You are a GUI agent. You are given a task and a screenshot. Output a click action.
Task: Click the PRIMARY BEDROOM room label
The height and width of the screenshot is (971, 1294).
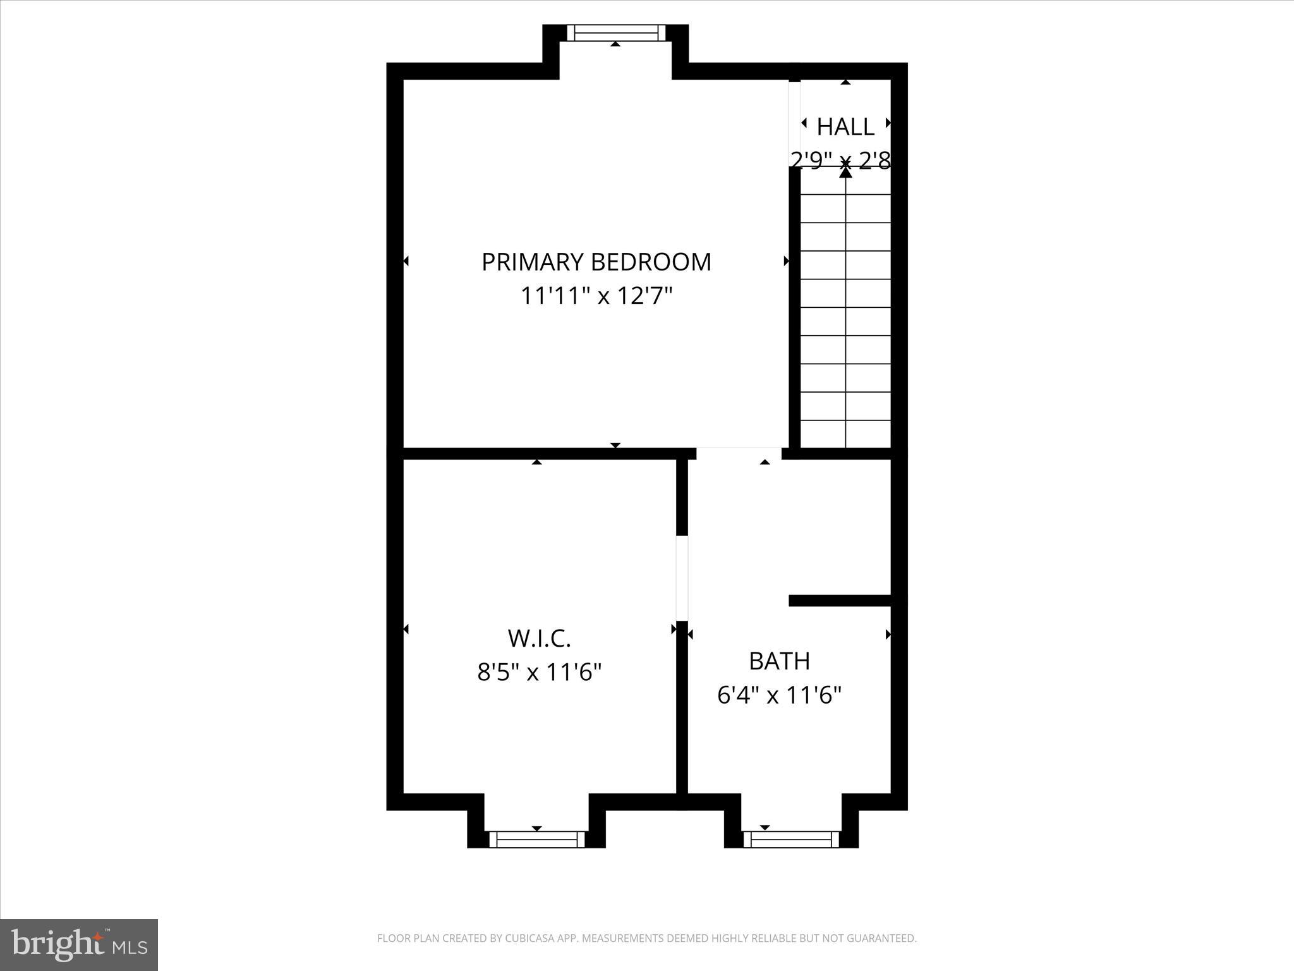click(x=596, y=262)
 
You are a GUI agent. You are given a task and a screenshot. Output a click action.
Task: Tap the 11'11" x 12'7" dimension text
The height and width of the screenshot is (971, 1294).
click(x=596, y=296)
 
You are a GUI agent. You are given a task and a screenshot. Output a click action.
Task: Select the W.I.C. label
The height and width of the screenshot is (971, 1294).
click(x=539, y=638)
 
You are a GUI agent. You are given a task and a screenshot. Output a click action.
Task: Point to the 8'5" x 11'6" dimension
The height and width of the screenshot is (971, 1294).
click(x=539, y=672)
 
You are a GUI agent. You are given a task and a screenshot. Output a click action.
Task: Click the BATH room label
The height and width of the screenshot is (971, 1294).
click(x=779, y=661)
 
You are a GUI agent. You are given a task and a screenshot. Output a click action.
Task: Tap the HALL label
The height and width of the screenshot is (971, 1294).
click(x=845, y=127)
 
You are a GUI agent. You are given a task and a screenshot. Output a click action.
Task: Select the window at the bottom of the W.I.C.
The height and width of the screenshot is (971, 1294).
click(x=537, y=840)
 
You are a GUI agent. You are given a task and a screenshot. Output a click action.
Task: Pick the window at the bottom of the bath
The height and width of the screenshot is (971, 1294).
click(x=791, y=840)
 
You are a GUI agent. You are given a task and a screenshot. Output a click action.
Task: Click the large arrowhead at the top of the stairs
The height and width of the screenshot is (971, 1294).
click(x=845, y=171)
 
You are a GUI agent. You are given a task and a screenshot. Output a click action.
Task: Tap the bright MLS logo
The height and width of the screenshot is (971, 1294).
click(x=79, y=944)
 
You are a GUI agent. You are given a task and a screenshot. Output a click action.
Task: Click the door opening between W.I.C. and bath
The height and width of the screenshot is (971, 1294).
click(x=682, y=578)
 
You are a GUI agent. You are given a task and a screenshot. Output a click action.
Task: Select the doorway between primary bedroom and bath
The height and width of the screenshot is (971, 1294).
click(x=739, y=453)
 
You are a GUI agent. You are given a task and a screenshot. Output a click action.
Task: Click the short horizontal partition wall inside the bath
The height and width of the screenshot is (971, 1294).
click(x=840, y=601)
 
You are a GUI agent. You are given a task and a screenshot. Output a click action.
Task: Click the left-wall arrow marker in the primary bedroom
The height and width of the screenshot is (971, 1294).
click(x=406, y=261)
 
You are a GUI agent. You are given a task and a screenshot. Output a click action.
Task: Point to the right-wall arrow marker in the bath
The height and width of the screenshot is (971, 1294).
click(x=888, y=634)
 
